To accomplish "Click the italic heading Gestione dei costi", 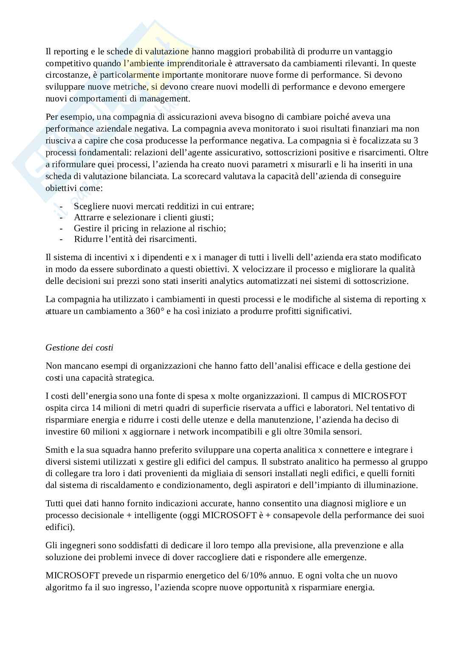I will click(79, 348).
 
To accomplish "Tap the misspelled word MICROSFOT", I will click(380, 396).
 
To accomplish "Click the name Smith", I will click(56, 450).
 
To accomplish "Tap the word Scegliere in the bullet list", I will click(91, 207).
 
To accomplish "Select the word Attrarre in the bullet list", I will click(89, 217).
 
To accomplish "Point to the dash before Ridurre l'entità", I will click(62, 239).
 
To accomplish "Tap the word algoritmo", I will click(63, 588).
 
